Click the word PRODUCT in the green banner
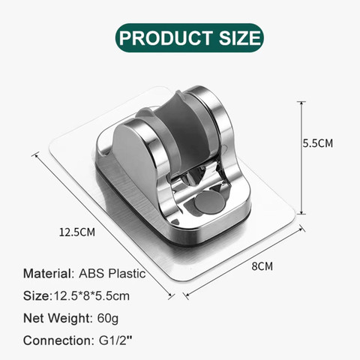point(166,38)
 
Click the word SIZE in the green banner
point(240,38)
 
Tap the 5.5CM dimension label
point(318,143)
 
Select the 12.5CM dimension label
point(77,232)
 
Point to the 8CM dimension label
point(262,266)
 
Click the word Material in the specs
point(47,273)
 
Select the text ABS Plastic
point(112,273)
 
